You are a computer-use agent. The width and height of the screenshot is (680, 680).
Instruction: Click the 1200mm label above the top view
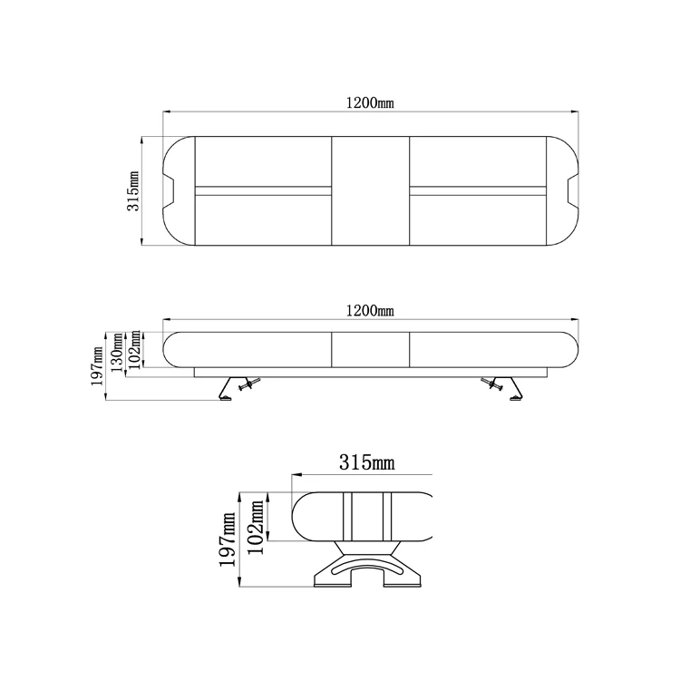(370, 102)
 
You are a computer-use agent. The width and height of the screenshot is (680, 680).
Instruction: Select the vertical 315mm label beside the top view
(133, 190)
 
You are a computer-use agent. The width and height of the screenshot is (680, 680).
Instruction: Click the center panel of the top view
(370, 191)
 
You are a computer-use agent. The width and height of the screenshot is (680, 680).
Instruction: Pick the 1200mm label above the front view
(370, 311)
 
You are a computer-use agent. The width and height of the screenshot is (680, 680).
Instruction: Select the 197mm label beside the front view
(99, 367)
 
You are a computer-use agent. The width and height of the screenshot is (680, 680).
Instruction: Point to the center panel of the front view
(370, 347)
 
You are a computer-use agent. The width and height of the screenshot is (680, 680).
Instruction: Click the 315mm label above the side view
(367, 463)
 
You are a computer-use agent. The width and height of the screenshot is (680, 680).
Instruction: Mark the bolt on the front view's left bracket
(246, 386)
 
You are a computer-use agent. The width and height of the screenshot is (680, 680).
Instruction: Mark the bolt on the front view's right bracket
(495, 386)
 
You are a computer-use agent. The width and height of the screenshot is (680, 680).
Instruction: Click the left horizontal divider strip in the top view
(263, 191)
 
